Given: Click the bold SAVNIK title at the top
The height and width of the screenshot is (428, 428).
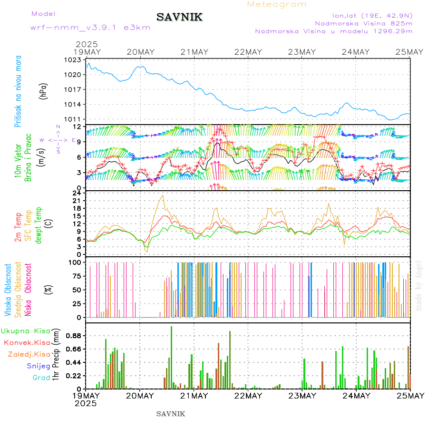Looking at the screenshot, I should [180, 18].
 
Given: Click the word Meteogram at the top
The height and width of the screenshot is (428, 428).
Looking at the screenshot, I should [277, 4].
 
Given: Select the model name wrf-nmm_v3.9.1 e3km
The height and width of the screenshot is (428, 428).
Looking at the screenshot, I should [90, 28].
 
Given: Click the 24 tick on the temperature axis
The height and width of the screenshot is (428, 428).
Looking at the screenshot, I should [77, 193].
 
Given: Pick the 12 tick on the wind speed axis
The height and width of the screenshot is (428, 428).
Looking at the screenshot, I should [77, 126].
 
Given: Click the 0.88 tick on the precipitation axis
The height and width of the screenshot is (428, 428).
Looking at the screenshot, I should [74, 336].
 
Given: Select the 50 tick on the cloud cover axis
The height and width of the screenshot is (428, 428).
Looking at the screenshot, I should [76, 290].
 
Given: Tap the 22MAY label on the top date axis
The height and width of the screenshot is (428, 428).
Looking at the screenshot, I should [248, 52].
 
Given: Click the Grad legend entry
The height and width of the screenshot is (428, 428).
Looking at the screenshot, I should [41, 378].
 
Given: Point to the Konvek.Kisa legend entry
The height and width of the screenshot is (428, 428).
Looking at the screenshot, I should [27, 342].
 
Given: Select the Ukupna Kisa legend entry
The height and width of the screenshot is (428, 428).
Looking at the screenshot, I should [26, 331].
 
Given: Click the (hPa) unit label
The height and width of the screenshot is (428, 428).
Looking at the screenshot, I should [43, 90].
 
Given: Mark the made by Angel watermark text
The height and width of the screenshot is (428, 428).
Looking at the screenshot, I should [419, 285].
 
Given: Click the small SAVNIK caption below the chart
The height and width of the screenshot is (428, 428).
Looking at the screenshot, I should [171, 414].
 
